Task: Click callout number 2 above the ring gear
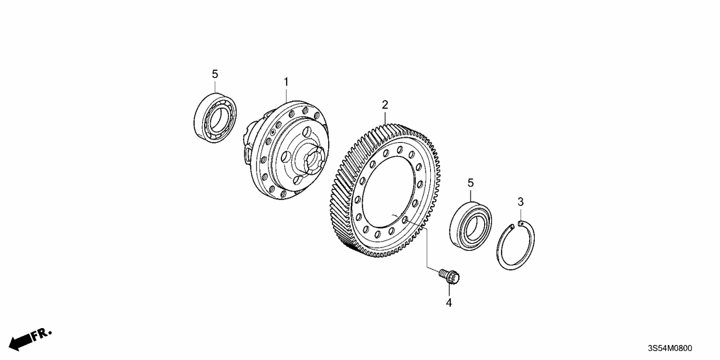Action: click(385, 104)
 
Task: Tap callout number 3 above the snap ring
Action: click(521, 203)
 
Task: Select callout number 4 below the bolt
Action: click(448, 302)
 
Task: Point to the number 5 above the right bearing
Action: click(469, 184)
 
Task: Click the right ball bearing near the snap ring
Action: click(470, 222)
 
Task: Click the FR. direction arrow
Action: click(30, 337)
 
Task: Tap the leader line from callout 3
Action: click(521, 214)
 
